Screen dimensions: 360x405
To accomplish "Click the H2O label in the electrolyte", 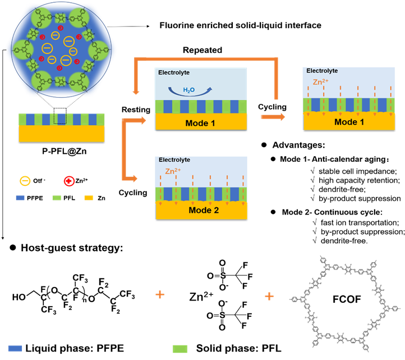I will [189, 90].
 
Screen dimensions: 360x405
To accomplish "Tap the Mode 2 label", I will [200, 211].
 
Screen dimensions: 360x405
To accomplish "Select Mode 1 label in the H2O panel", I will [200, 122].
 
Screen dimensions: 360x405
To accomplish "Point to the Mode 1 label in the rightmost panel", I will [349, 122].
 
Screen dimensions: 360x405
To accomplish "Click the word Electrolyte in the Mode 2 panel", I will [174, 160].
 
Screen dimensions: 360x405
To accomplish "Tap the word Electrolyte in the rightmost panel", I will [322, 71].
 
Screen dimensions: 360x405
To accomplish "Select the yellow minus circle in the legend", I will [25, 181].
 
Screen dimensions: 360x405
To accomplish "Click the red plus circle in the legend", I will [69, 181].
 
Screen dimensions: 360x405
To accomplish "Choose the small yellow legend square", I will [89, 198].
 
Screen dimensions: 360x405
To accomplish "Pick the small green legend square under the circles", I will [57, 198].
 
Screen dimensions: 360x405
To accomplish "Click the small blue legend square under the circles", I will [20, 198].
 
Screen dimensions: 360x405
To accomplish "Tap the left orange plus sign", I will [160, 294].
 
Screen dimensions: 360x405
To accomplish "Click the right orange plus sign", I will [269, 296].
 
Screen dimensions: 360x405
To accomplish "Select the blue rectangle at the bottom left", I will [15, 348].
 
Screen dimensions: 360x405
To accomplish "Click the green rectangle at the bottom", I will [180, 349].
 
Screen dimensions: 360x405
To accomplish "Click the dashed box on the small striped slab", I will [60, 119].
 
